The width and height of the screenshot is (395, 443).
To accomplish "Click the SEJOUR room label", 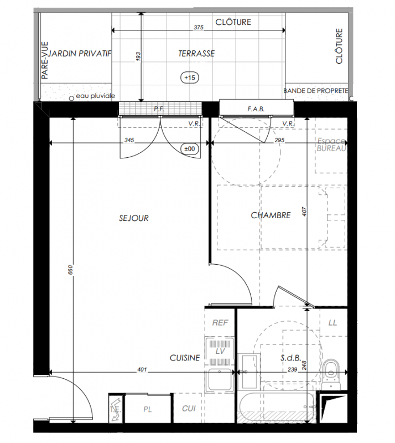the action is (133, 218).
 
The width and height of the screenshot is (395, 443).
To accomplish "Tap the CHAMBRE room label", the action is (271, 215).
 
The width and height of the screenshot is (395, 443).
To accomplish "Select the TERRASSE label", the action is (196, 53).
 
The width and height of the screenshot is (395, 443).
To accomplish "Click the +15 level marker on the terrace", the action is (190, 78).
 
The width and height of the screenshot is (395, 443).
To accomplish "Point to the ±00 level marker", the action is (190, 149).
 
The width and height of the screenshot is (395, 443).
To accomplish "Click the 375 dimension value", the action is (199, 27).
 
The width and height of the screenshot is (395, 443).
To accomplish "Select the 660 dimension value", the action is (70, 270).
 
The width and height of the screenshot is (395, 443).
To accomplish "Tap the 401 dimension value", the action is (142, 369).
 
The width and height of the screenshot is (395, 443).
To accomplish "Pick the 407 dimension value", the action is (304, 212).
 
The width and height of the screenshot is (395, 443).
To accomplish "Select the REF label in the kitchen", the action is (220, 323).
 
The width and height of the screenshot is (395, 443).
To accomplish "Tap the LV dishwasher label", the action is (220, 351).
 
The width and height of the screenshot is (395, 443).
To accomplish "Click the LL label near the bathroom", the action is (332, 323).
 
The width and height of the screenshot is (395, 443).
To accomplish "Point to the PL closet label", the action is (148, 409).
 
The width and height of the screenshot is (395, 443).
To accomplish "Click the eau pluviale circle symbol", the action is (71, 98).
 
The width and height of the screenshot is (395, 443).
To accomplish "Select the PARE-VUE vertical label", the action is (45, 60).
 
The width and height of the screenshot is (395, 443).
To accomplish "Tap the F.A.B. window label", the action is (256, 109).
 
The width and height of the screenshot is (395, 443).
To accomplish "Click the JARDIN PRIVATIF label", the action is (80, 53).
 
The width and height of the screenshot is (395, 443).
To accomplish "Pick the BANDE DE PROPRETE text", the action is (316, 91).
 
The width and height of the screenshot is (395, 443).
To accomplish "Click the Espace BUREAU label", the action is (331, 145).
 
